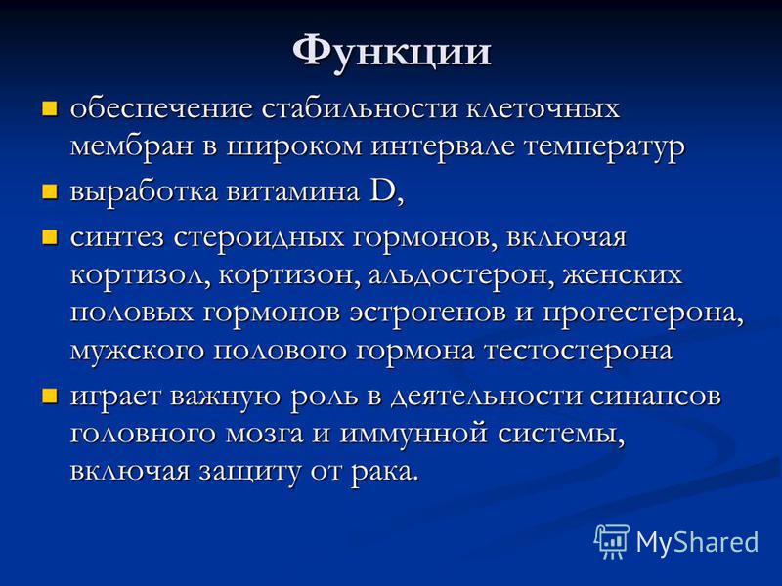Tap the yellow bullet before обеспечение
(50, 108)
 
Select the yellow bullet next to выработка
(50, 191)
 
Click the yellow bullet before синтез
(50, 236)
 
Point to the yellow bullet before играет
(50, 396)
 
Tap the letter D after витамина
(382, 190)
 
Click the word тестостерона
(579, 351)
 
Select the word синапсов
(655, 397)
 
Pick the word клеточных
(543, 108)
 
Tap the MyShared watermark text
(697, 542)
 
